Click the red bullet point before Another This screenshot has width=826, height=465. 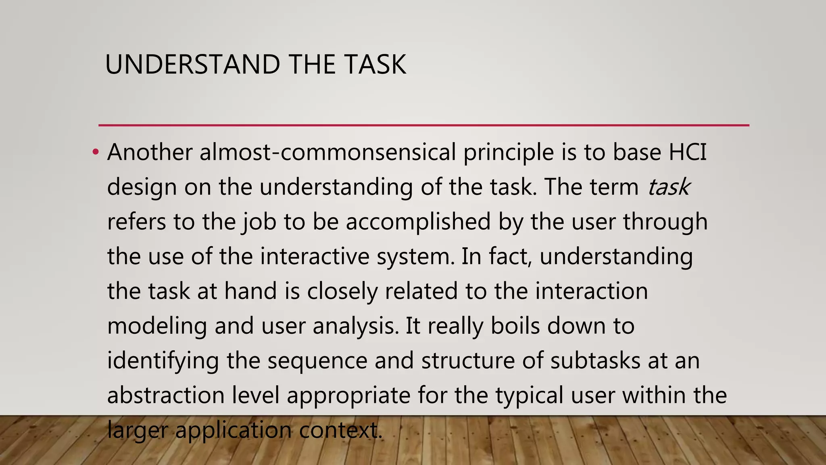pyautogui.click(x=95, y=153)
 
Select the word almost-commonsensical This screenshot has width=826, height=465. pyautogui.click(x=327, y=153)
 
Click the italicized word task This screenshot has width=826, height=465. pyautogui.click(x=669, y=187)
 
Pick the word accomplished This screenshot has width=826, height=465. pyautogui.click(x=418, y=222)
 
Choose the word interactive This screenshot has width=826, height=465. pyautogui.click(x=315, y=257)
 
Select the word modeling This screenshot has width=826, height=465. pyautogui.click(x=157, y=326)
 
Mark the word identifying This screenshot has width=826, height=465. pyautogui.click(x=163, y=361)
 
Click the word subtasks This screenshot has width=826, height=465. pyautogui.click(x=595, y=361)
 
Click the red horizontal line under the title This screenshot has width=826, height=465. pyautogui.click(x=423, y=126)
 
